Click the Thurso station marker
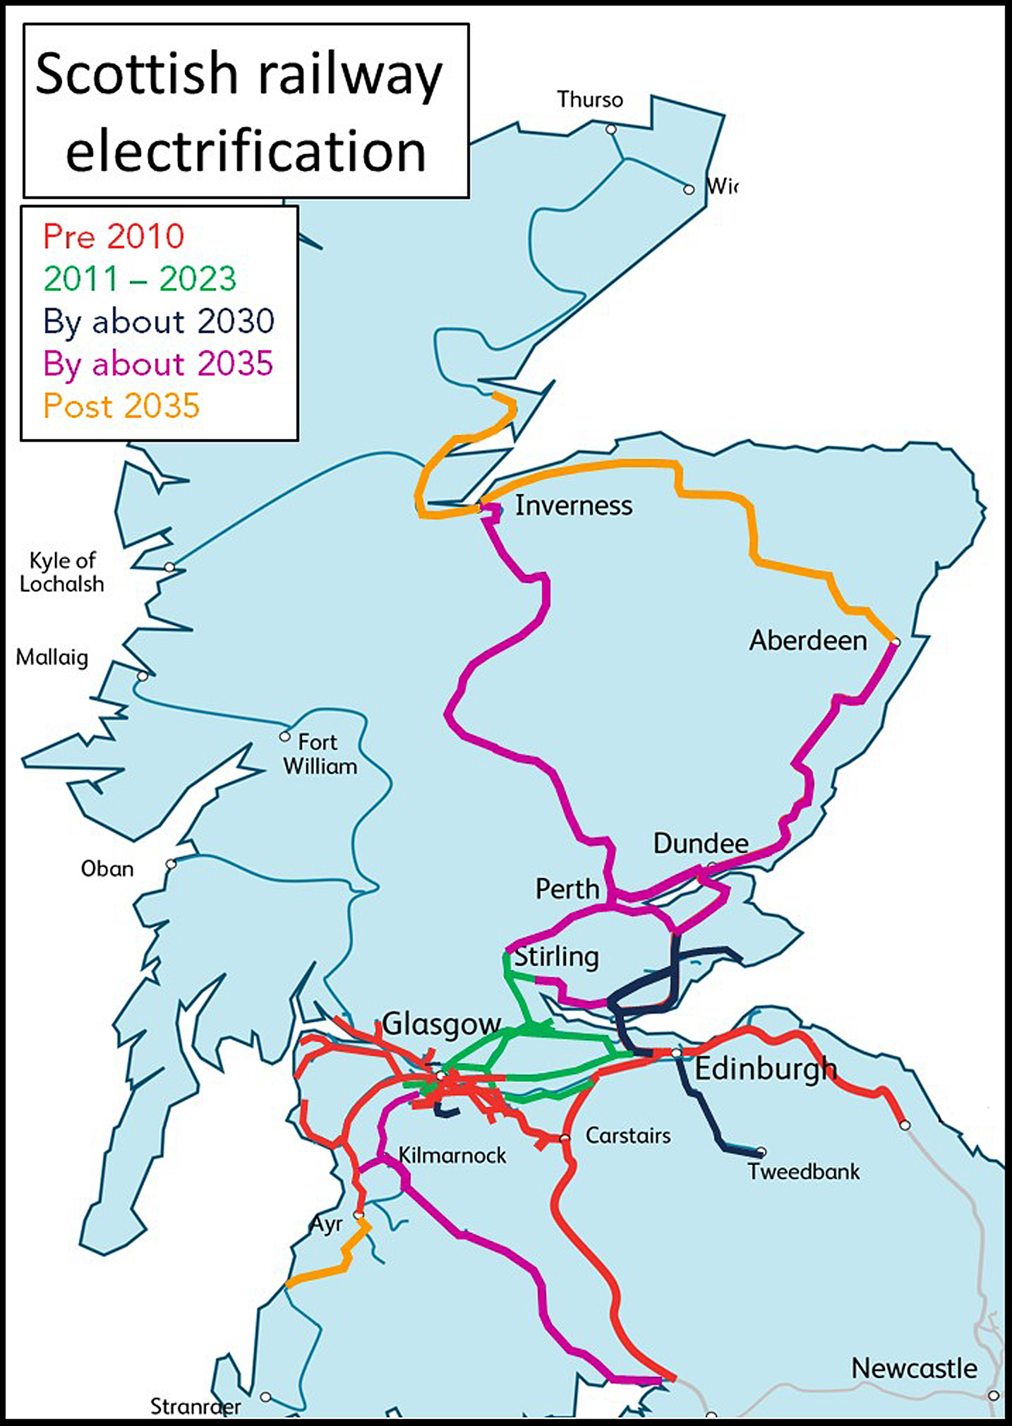coord(611,129)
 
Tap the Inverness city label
coord(573,505)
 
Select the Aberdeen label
coord(808,640)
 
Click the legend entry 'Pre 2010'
coord(114,236)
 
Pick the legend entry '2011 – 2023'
coord(140,279)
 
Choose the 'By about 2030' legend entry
coord(159,322)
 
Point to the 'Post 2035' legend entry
coord(121,406)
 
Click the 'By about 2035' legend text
coord(158,364)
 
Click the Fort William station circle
coord(284,736)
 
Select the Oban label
coord(107,868)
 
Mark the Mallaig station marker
coord(143,676)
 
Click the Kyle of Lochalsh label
coord(62,573)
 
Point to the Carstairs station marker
coord(564,1138)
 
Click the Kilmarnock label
coord(452,1156)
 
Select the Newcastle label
coord(914,1368)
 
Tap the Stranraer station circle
coord(265,1397)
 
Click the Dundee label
coord(701,844)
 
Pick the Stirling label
coord(556,957)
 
